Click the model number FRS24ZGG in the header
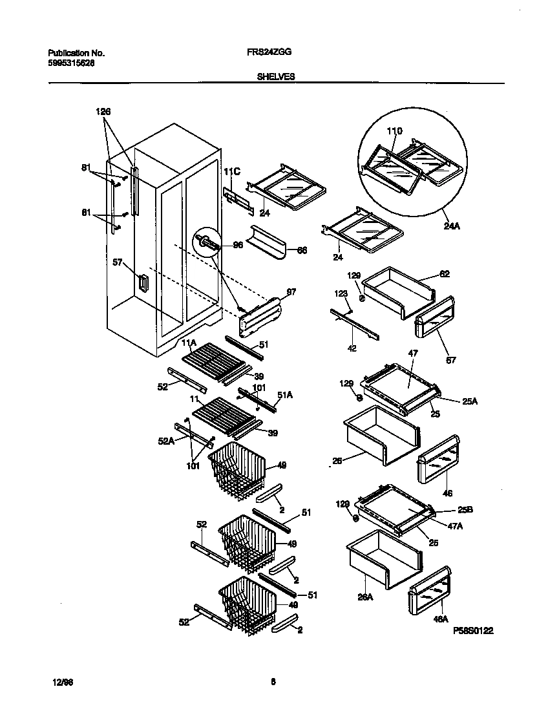pos(265,53)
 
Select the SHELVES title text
pos(276,76)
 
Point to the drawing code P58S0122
pos(474,631)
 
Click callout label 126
pos(103,112)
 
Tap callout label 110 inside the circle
pos(394,131)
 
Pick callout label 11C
pos(231,171)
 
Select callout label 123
pos(341,294)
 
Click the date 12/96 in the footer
pos(61,681)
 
